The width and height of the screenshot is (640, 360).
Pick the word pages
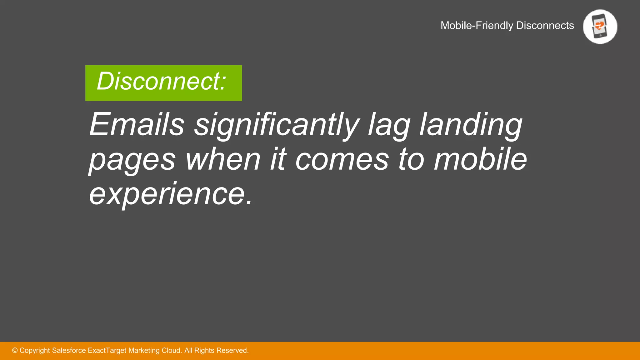click(x=132, y=160)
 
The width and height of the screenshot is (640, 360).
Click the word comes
click(x=342, y=160)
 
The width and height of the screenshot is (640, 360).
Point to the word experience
click(x=170, y=194)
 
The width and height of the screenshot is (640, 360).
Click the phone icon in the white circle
click(x=600, y=27)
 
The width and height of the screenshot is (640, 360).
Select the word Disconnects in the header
click(x=545, y=25)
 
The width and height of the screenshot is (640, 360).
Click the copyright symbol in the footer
click(x=15, y=351)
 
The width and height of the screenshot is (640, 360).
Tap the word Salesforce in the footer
click(x=69, y=351)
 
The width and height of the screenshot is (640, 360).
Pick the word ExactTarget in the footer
click(x=107, y=351)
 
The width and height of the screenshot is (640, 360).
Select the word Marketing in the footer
click(x=143, y=351)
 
